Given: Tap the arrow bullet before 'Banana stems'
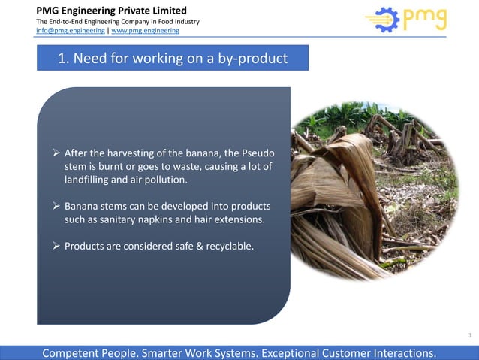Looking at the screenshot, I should tap(57, 206).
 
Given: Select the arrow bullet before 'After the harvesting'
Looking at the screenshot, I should tap(57, 153).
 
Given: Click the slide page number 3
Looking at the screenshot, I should tap(468, 335).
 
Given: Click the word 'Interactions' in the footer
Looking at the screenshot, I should tap(397, 352).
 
